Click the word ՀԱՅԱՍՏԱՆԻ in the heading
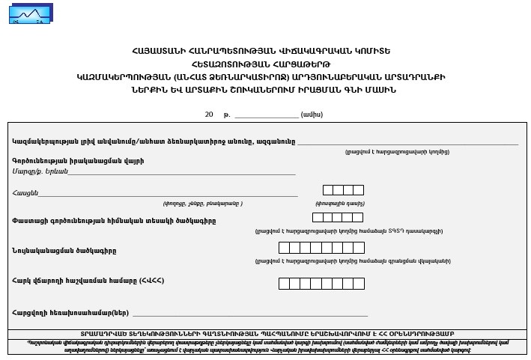pos(160,51)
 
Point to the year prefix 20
pos(209,115)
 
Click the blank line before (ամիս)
pos(266,117)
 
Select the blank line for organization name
pos(407,142)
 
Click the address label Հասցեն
pos(25,193)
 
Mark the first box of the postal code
pos(328,190)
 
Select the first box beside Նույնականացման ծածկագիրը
pos(284,247)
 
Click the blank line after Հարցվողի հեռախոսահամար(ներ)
pos(250,315)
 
